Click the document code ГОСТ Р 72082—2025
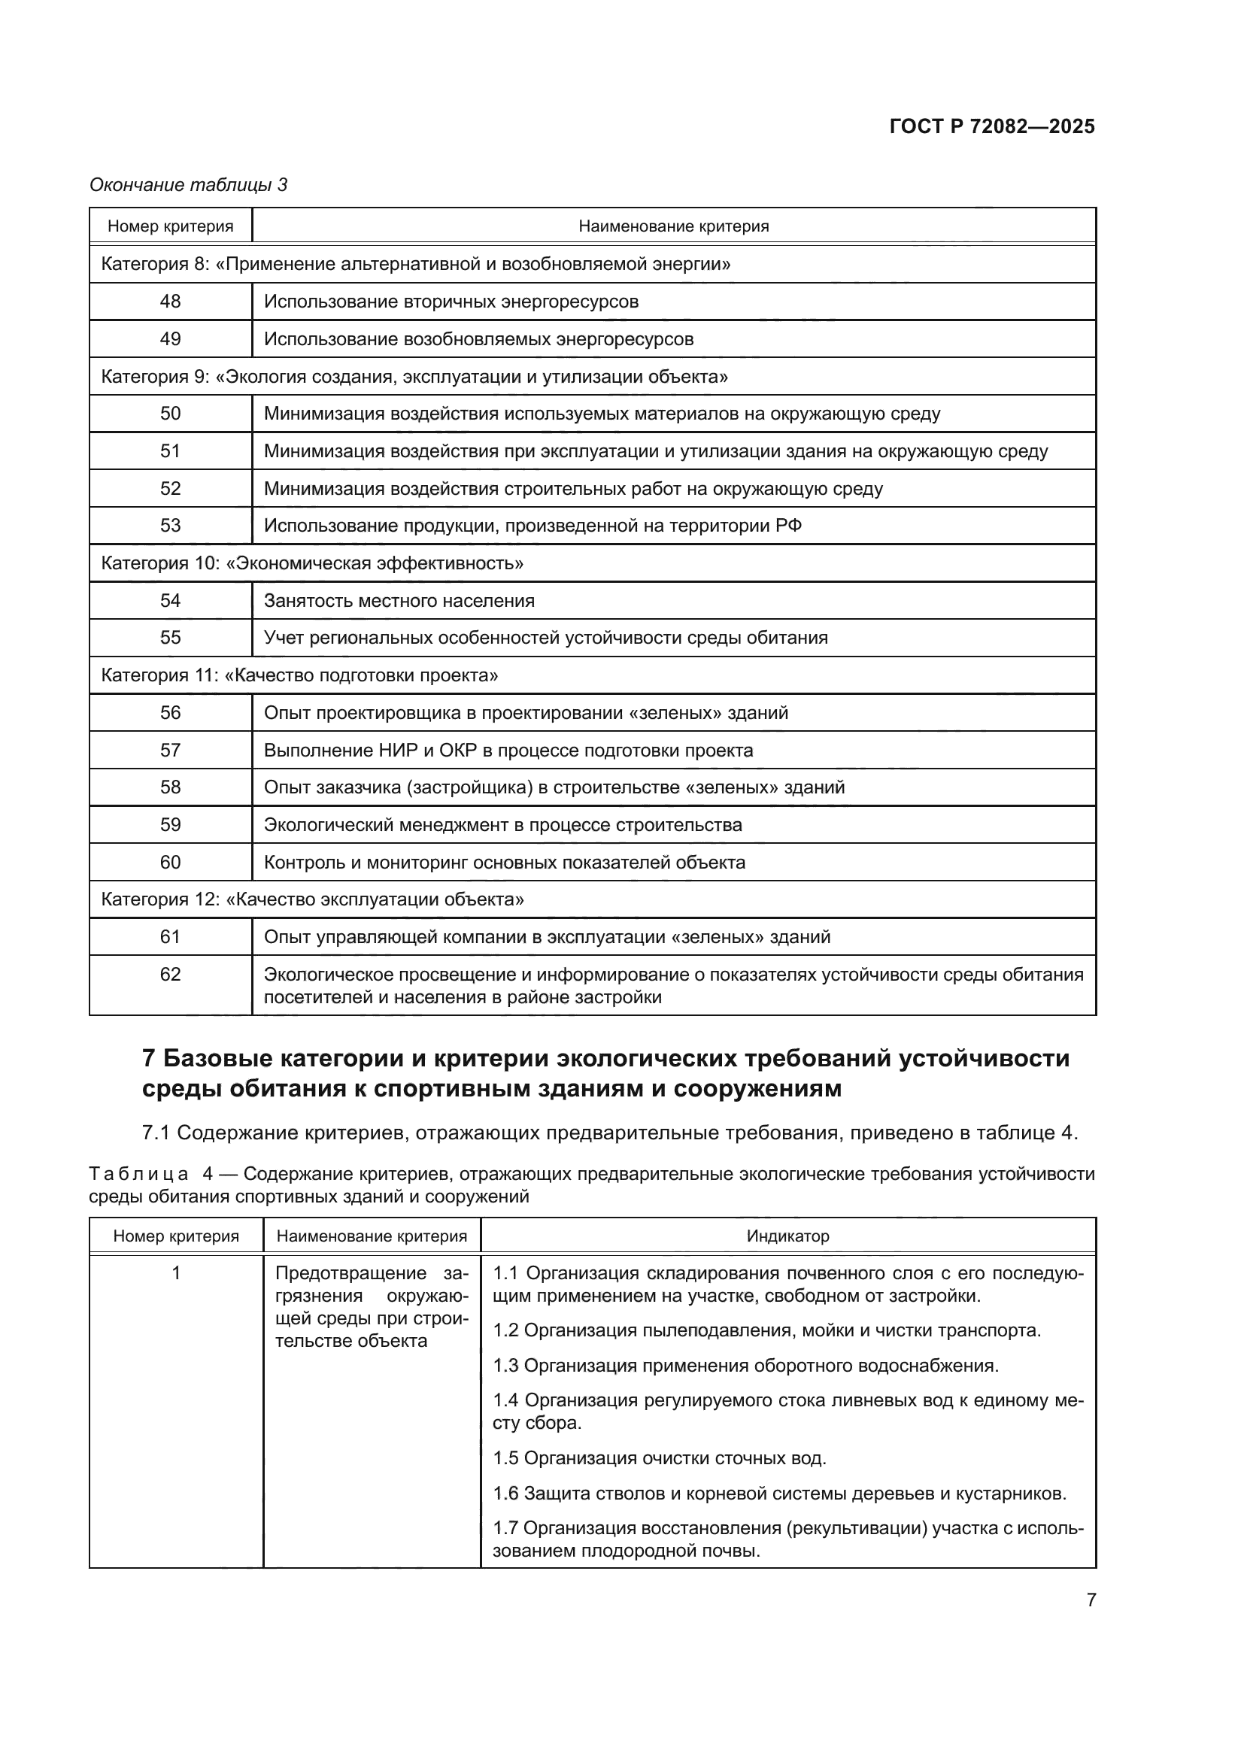(x=992, y=126)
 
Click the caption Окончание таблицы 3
(x=189, y=185)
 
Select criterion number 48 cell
(x=170, y=301)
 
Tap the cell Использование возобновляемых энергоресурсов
(x=479, y=338)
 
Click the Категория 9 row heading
(x=414, y=376)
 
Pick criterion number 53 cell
(x=170, y=526)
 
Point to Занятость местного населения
(x=399, y=601)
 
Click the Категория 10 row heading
(x=313, y=563)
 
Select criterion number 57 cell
(x=170, y=750)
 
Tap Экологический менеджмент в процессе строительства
(x=502, y=825)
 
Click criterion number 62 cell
(x=170, y=975)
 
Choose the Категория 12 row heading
(x=313, y=899)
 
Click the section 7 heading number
(x=150, y=1059)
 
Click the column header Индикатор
(x=787, y=1236)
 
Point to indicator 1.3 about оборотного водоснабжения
(x=745, y=1365)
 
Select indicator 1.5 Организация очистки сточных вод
(x=660, y=1458)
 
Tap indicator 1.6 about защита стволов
(x=779, y=1494)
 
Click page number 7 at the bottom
(x=1091, y=1600)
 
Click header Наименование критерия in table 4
(x=372, y=1236)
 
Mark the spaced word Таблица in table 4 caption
(x=138, y=1175)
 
